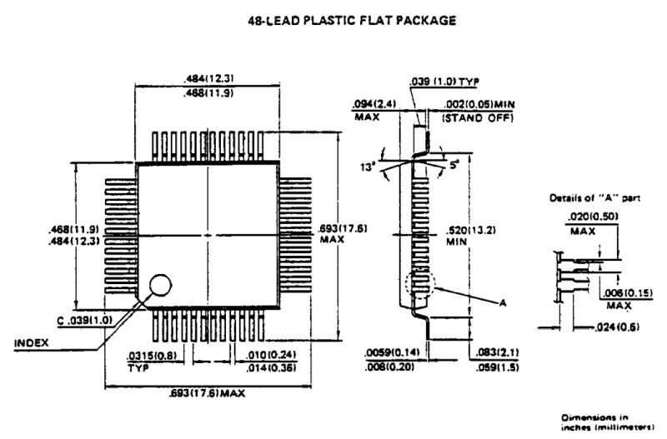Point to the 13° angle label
[x=365, y=163]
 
